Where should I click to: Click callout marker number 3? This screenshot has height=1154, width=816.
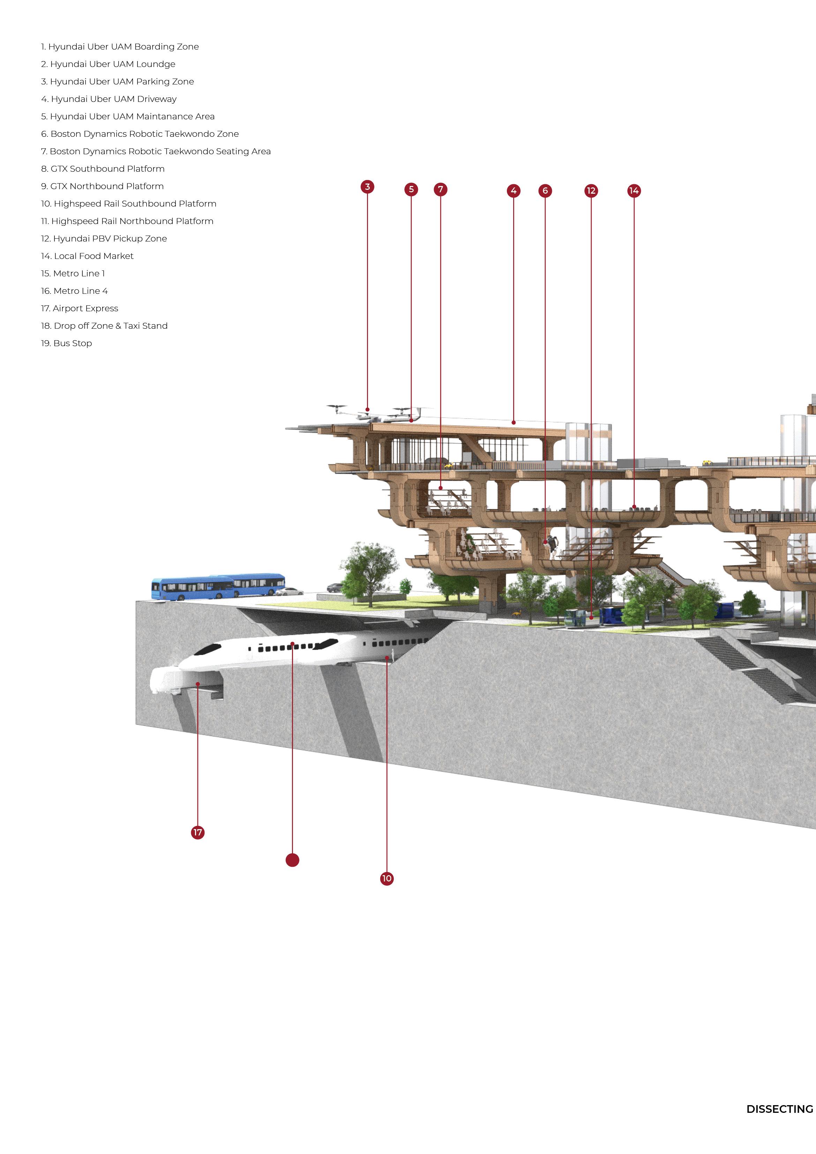pyautogui.click(x=367, y=187)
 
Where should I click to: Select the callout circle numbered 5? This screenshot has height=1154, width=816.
pyautogui.click(x=411, y=189)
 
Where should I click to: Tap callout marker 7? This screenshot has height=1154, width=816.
pyautogui.click(x=441, y=189)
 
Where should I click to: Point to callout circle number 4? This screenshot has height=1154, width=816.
pyautogui.click(x=514, y=191)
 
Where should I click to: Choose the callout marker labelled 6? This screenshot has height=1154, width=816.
pyautogui.click(x=545, y=191)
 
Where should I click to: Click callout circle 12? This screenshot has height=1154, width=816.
pyautogui.click(x=591, y=191)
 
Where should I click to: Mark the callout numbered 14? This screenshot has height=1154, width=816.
pyautogui.click(x=634, y=191)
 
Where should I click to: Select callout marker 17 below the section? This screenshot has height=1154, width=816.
pyautogui.click(x=198, y=832)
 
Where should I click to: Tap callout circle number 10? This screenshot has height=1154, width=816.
pyautogui.click(x=387, y=879)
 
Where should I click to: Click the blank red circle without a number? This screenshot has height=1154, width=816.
pyautogui.click(x=292, y=860)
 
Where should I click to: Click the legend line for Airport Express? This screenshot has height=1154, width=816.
pyautogui.click(x=80, y=308)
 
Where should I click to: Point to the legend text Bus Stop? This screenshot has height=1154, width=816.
pyautogui.click(x=67, y=344)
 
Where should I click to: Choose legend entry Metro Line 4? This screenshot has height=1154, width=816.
pyautogui.click(x=74, y=291)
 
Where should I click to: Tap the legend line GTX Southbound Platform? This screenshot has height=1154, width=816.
pyautogui.click(x=103, y=169)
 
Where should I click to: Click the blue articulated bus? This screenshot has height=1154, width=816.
pyautogui.click(x=218, y=587)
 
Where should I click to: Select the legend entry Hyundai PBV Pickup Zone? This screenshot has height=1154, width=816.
pyautogui.click(x=104, y=239)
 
